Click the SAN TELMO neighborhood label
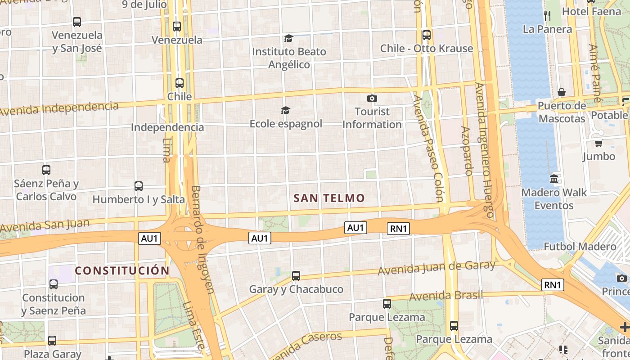[x=329, y=198]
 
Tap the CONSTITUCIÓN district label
[x=122, y=270]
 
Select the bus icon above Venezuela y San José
[x=77, y=22]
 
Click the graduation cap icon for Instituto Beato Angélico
[x=288, y=39]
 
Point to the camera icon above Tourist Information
[x=372, y=98]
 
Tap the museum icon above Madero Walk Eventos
[x=554, y=179]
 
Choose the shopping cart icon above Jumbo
[x=598, y=143]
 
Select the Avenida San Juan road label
[x=45, y=224]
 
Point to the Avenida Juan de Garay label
[x=436, y=267]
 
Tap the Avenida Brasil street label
[x=446, y=296]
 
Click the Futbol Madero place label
[x=580, y=247]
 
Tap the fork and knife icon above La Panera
[x=547, y=16]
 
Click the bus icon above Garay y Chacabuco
[x=296, y=276]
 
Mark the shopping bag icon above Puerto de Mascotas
[x=562, y=93]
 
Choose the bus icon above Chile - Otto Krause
[x=426, y=35]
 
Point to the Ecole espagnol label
[x=286, y=123]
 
